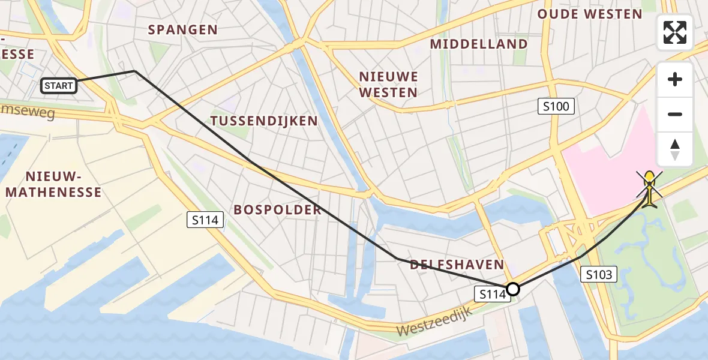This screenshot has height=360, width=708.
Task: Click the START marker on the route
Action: (x=59, y=86)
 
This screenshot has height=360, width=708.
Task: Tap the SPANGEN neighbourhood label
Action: (x=182, y=29)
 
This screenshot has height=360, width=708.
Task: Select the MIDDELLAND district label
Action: (x=479, y=44)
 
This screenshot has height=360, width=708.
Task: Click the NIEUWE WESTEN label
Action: (x=388, y=85)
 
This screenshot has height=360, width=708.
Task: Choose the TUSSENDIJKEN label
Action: (x=264, y=121)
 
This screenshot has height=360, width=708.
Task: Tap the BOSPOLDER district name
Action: (x=278, y=209)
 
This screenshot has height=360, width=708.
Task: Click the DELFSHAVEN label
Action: (x=457, y=265)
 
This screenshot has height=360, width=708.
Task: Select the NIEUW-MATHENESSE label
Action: (x=53, y=184)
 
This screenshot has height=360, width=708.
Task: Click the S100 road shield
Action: (x=556, y=107)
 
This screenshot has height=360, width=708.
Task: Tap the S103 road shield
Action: (x=599, y=275)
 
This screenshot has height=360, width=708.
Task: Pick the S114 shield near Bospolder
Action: (x=205, y=220)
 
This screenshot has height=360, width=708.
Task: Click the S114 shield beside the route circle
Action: (x=490, y=294)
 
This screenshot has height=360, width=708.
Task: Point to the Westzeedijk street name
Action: (x=435, y=321)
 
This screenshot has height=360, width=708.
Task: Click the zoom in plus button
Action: (x=675, y=79)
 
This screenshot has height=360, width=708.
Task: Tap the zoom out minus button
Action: (x=675, y=114)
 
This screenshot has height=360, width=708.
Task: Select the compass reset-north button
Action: (x=675, y=149)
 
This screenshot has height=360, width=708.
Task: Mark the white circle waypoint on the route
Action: (x=513, y=289)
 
